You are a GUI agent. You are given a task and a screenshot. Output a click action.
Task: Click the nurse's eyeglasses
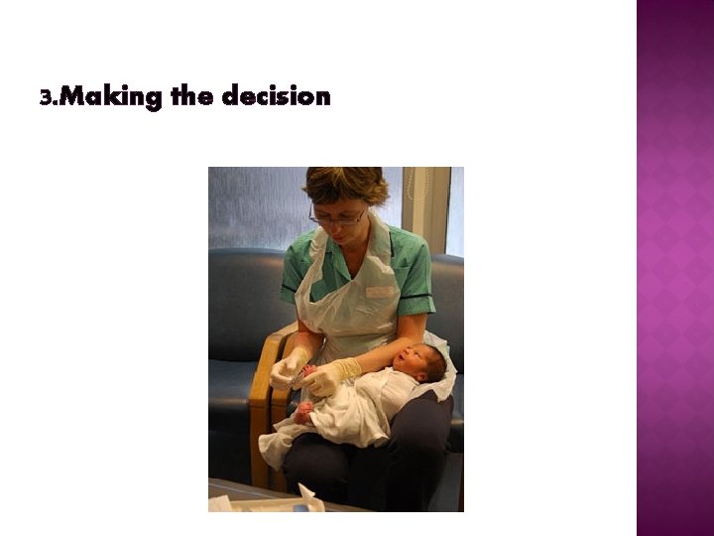[338, 216]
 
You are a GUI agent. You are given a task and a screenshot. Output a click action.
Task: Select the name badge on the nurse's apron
[379, 292]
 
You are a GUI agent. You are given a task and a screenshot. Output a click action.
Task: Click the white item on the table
[303, 501]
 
